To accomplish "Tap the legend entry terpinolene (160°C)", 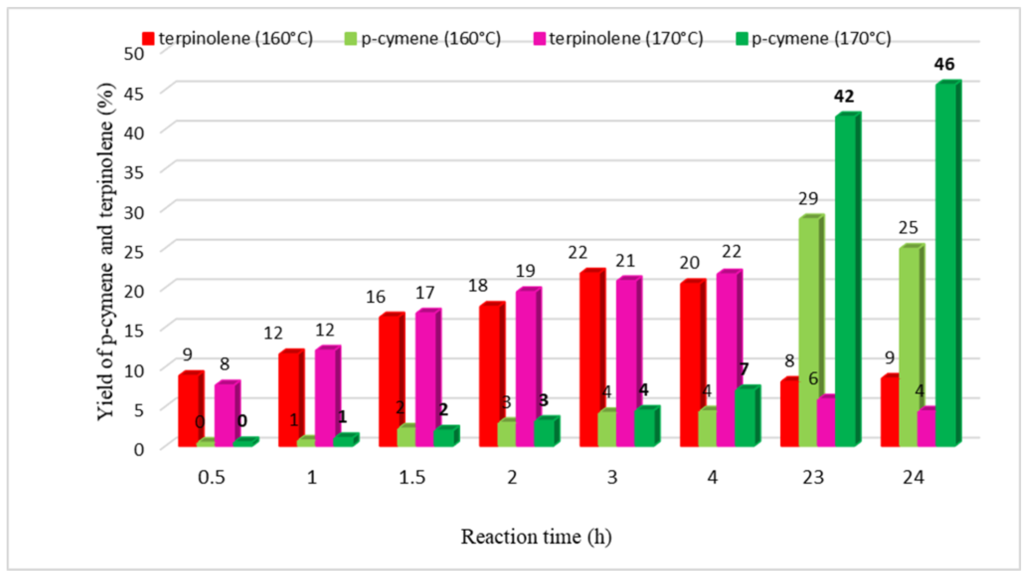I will [228, 39].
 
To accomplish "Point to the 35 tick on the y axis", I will [133, 172].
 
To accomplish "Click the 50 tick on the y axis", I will [133, 53].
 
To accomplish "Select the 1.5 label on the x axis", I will [412, 477].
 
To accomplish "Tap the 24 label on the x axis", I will [913, 477].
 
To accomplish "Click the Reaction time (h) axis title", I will [536, 537].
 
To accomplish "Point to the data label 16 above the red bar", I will [375, 297].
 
